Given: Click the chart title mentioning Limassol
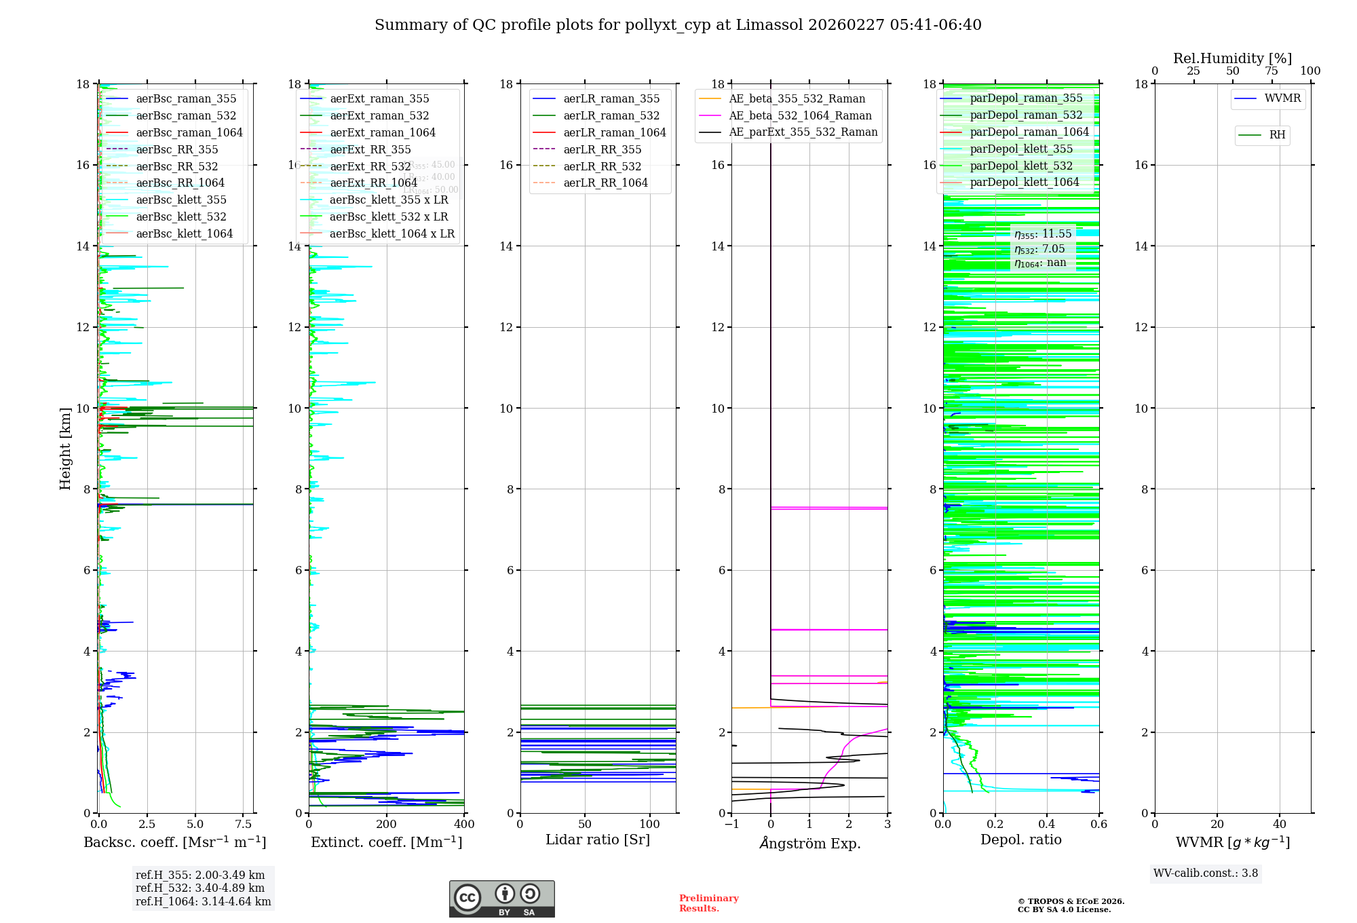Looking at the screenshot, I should [678, 25].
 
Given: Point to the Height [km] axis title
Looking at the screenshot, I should [65, 449].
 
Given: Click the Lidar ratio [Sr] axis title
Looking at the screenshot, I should [598, 840].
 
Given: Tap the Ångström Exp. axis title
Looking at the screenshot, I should [809, 844].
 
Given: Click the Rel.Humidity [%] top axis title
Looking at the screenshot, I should [1232, 58].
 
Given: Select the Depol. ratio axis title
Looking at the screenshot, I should [1020, 840].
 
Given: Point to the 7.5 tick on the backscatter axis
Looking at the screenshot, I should [244, 825].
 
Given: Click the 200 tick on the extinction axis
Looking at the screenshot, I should [386, 825].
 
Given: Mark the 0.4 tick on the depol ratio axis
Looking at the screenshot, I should [1047, 825].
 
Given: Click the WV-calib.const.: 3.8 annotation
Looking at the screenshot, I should [1206, 873].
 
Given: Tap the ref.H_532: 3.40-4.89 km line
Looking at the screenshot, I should [200, 888].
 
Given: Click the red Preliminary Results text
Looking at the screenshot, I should [708, 903].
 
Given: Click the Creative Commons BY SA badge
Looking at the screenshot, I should [501, 899].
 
